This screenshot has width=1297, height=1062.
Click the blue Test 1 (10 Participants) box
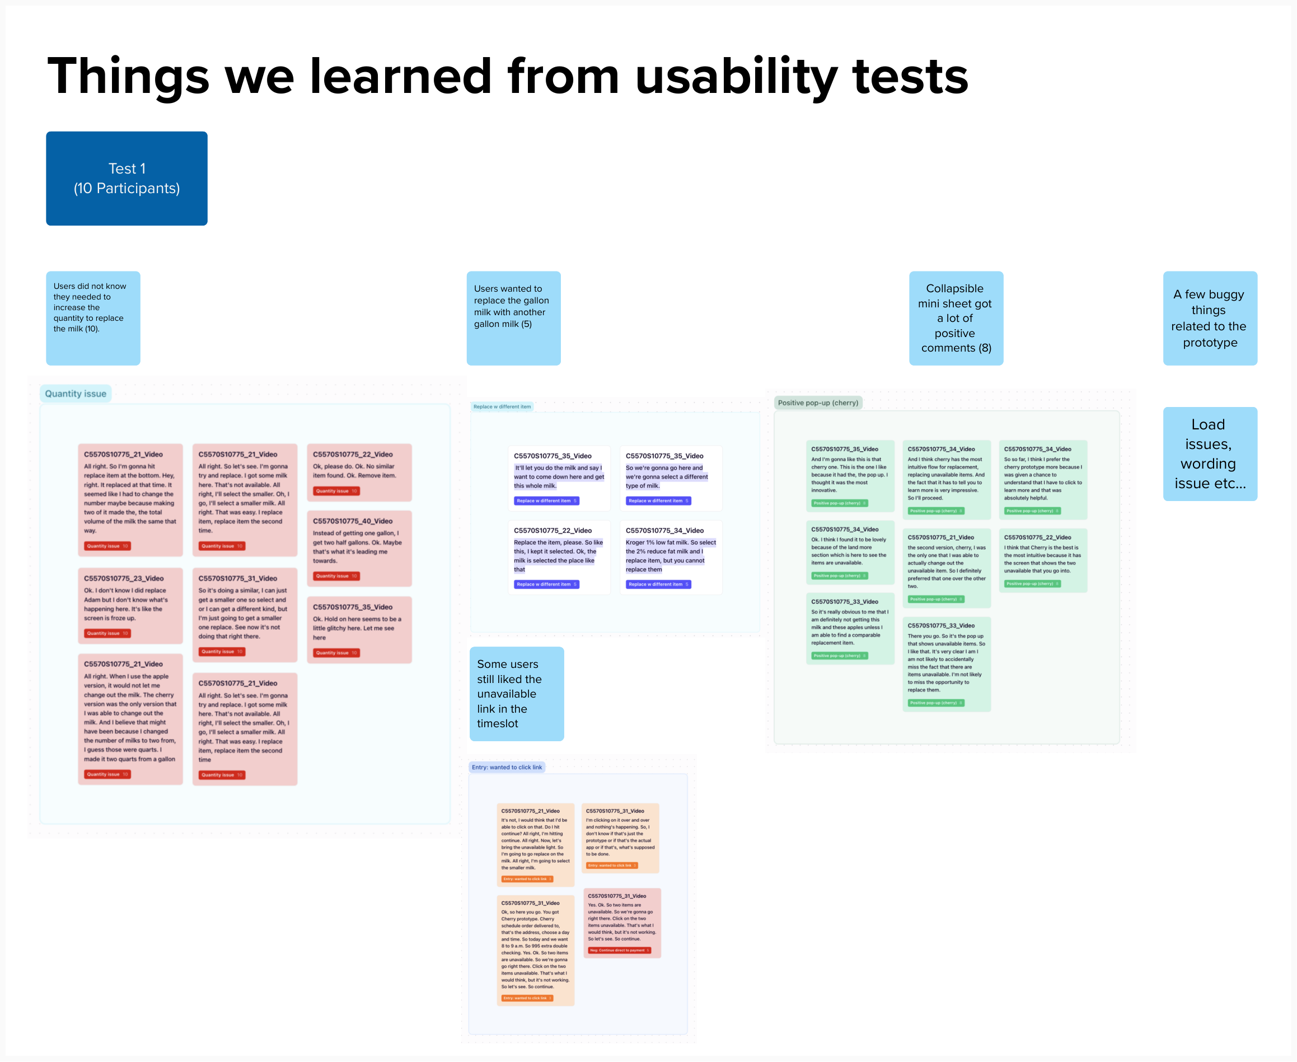pyautogui.click(x=127, y=178)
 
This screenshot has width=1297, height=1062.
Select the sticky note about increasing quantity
pyautogui.click(x=93, y=318)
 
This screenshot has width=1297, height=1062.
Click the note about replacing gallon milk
pyautogui.click(x=513, y=318)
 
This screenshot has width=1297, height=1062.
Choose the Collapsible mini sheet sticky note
pyautogui.click(x=956, y=318)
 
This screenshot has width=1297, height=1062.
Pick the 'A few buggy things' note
pyautogui.click(x=1210, y=318)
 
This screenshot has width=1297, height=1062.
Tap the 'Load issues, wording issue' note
pyautogui.click(x=1210, y=453)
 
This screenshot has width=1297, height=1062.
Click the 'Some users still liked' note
pyautogui.click(x=516, y=693)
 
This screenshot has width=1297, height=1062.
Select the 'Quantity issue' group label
pyautogui.click(x=75, y=394)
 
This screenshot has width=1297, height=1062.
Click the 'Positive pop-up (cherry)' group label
pyautogui.click(x=818, y=403)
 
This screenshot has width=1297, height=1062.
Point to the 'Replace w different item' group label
pyautogui.click(x=502, y=406)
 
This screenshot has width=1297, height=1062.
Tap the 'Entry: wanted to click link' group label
pyautogui.click(x=507, y=767)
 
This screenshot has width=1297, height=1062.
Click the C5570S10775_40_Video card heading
pyautogui.click(x=353, y=521)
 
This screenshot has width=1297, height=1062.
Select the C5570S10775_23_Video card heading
pyautogui.click(x=124, y=578)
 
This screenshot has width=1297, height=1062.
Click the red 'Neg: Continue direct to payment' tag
pyautogui.click(x=619, y=950)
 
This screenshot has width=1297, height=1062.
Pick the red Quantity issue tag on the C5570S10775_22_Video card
pyautogui.click(x=336, y=490)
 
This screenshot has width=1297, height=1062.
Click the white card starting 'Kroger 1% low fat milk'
pyautogui.click(x=671, y=556)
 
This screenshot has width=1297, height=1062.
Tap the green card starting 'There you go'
pyautogui.click(x=946, y=664)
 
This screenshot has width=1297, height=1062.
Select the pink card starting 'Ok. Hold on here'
pyautogui.click(x=359, y=629)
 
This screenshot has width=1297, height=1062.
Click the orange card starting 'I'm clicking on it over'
pyautogui.click(x=620, y=838)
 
